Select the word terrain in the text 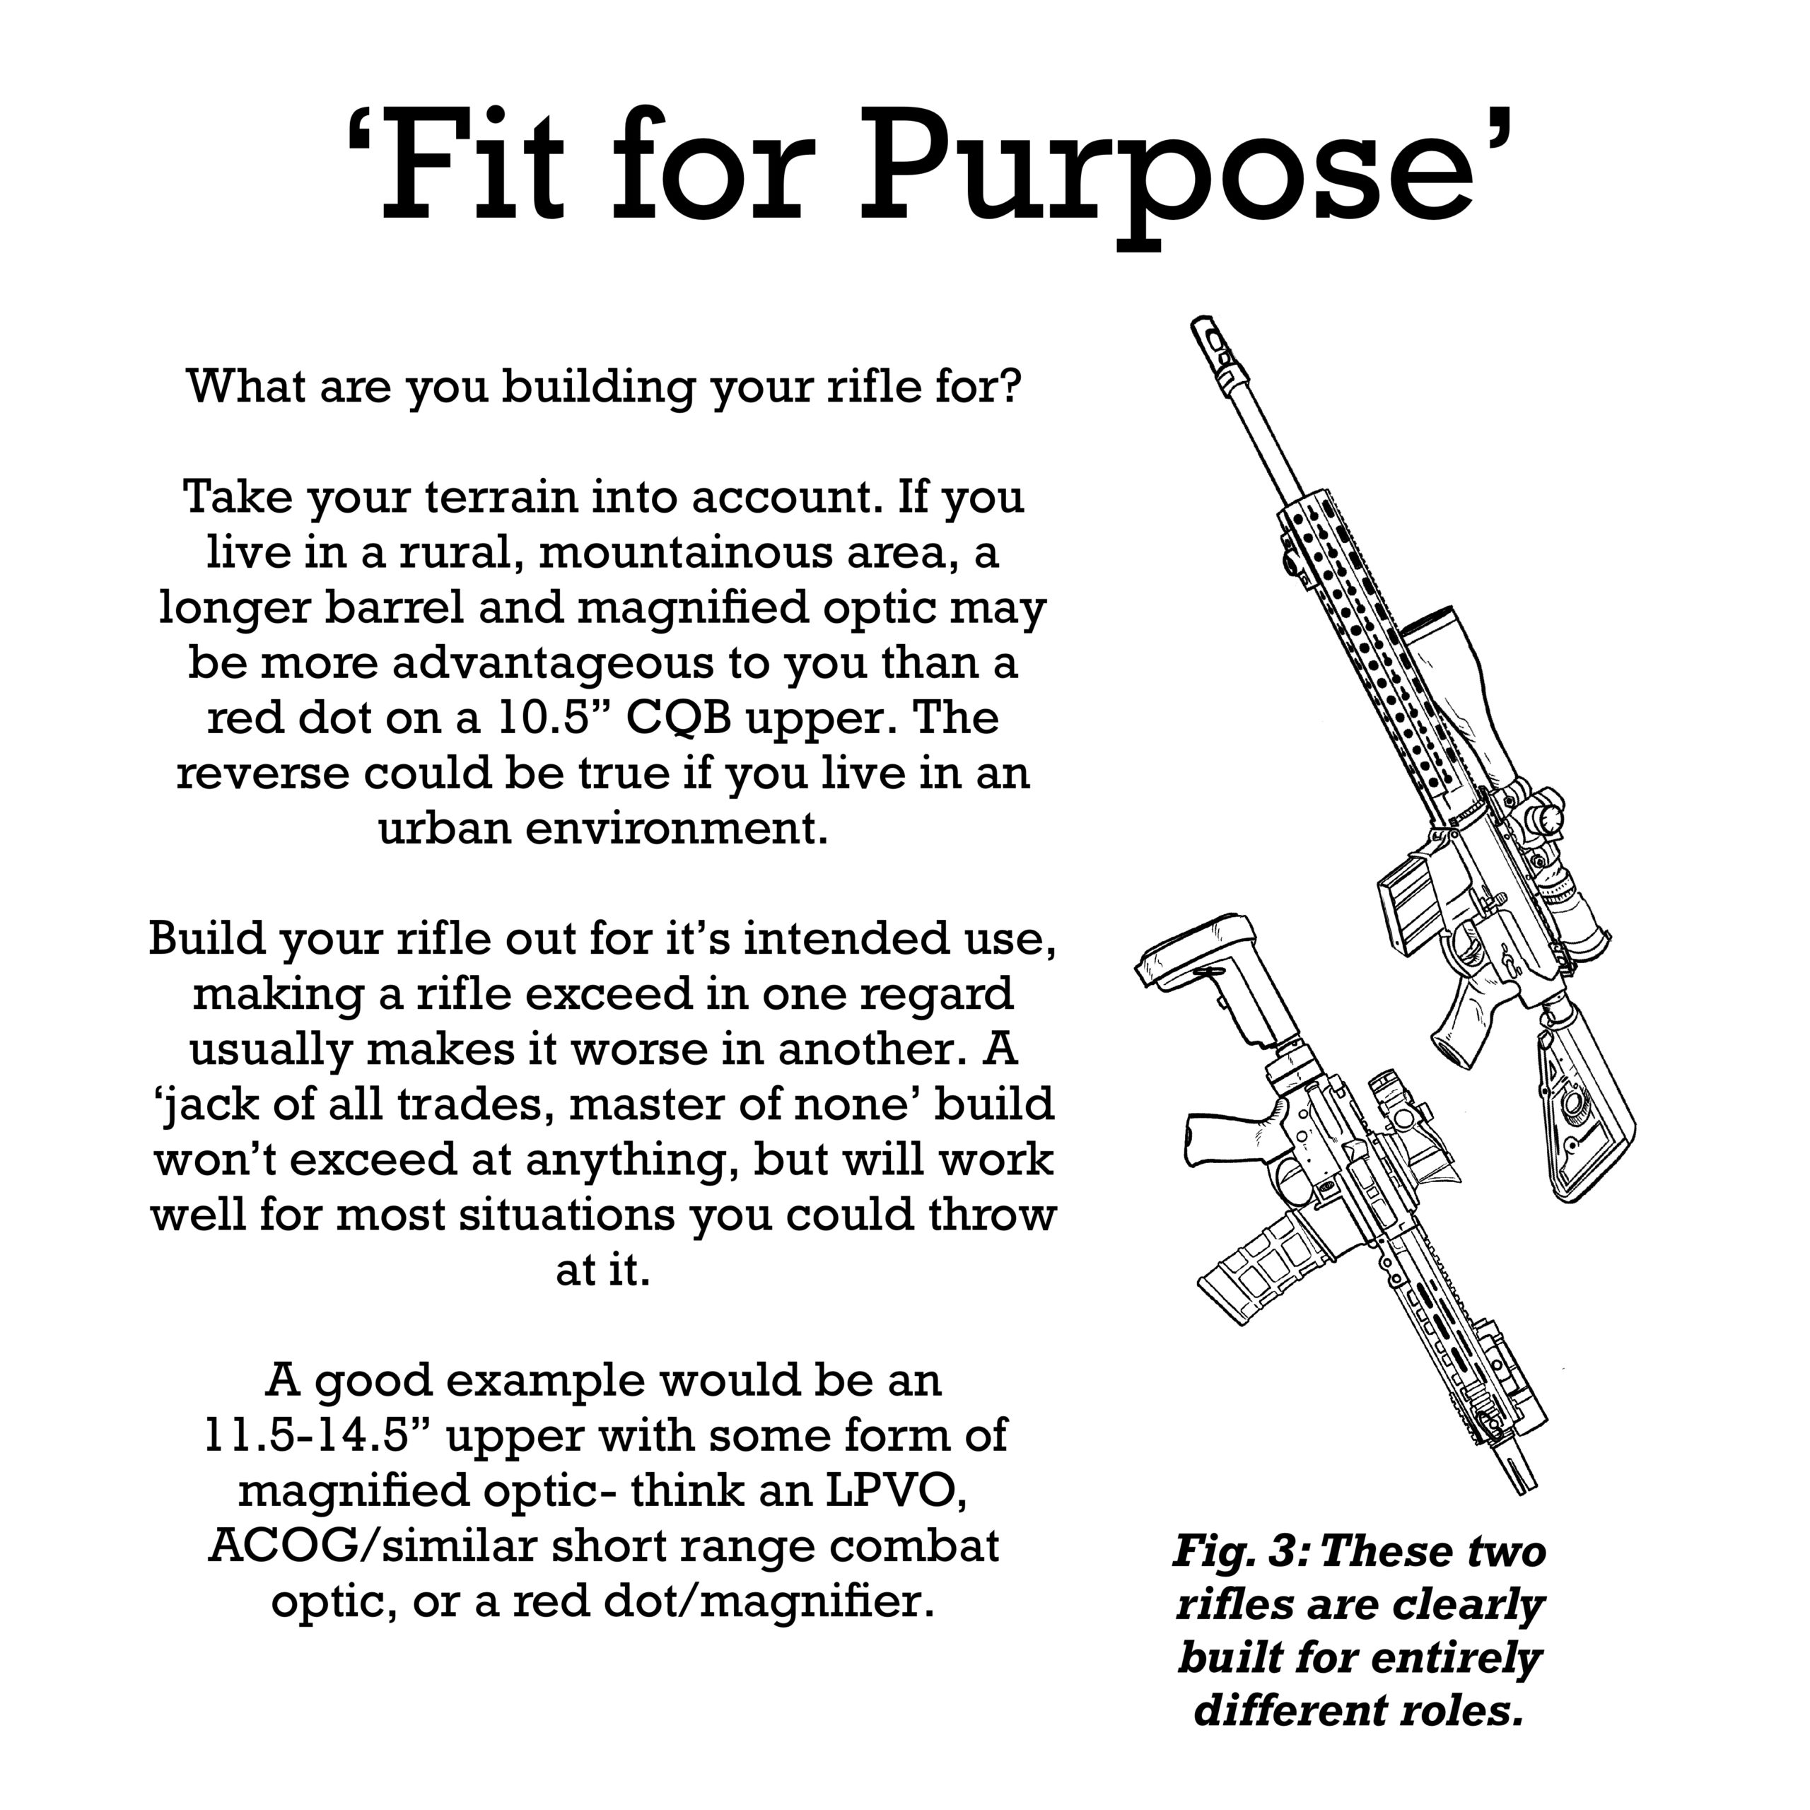[x=503, y=498]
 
